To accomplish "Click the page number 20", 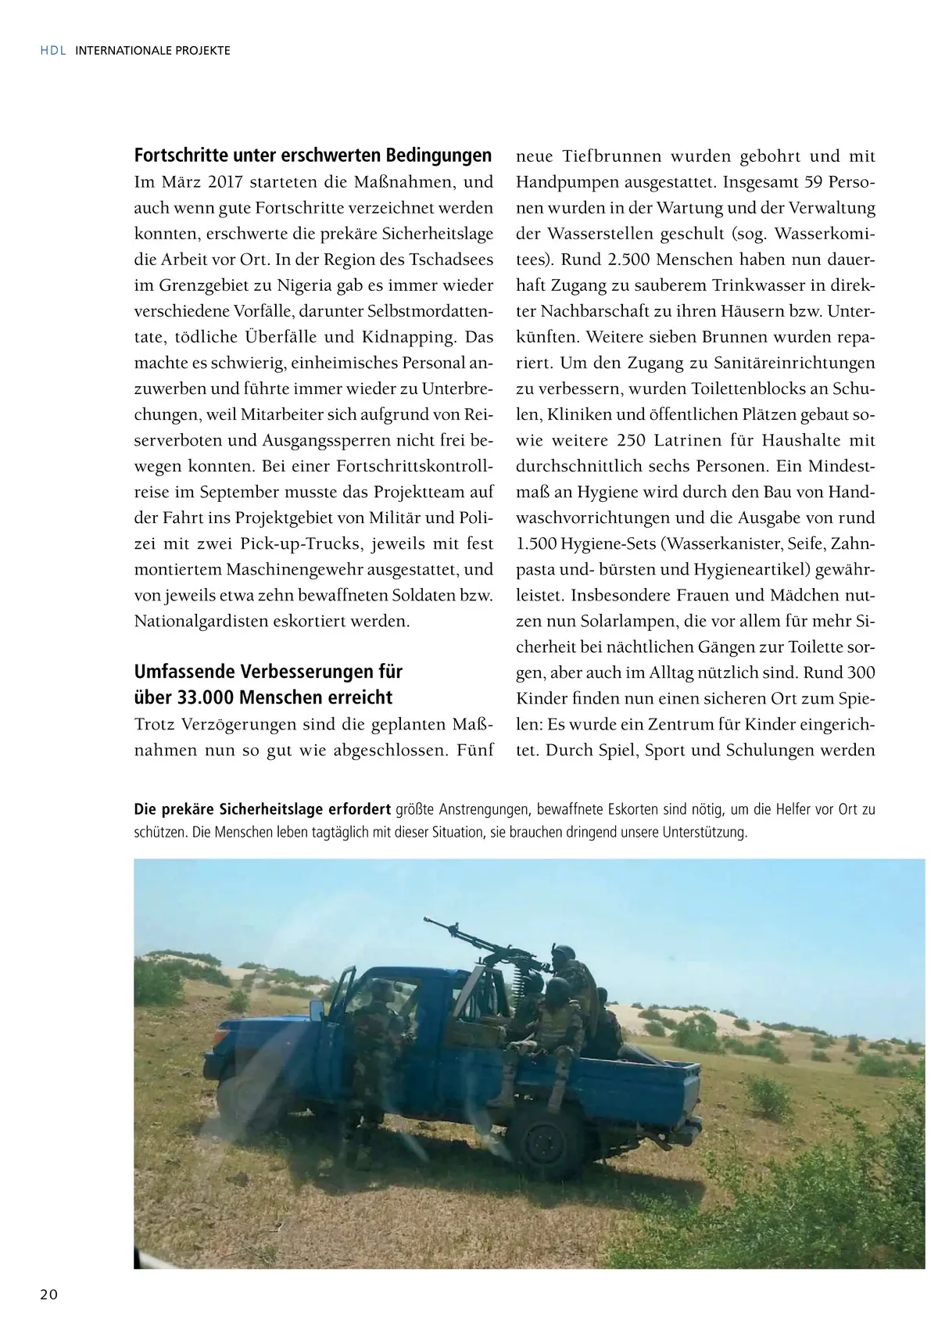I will coord(48,1295).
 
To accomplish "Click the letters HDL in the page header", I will coord(52,51).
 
